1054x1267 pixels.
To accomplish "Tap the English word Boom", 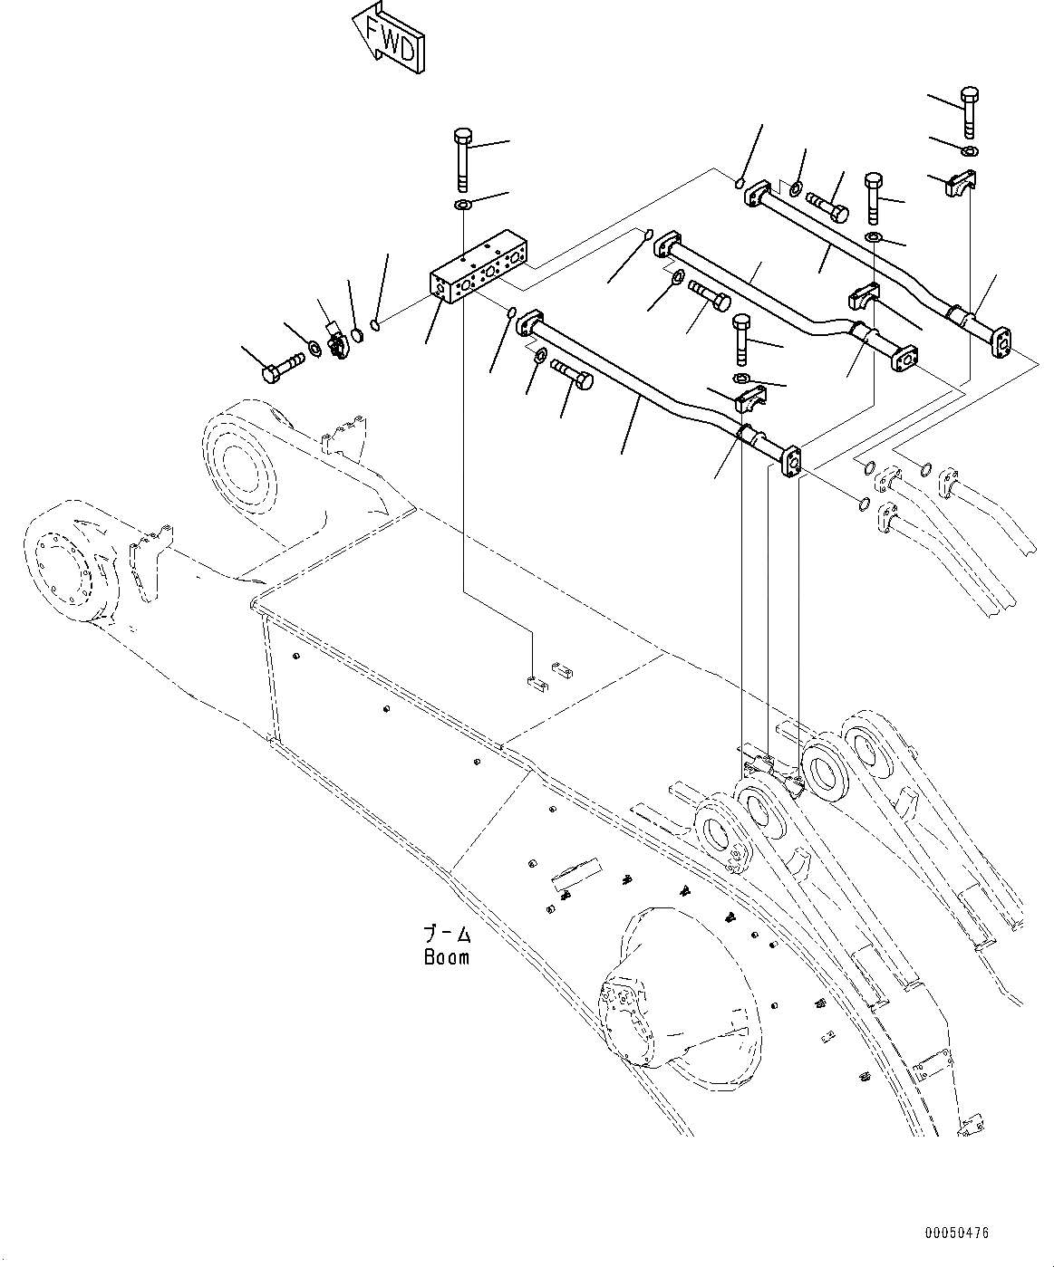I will click(x=447, y=956).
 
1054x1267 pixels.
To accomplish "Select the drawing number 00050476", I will click(x=957, y=1233).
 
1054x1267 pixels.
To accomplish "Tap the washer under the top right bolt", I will click(x=970, y=150).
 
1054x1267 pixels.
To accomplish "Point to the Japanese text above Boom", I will click(x=447, y=934).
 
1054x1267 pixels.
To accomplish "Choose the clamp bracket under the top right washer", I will click(x=959, y=186).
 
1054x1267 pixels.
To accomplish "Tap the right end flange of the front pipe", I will click(x=791, y=459).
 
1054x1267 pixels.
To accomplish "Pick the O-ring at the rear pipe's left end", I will click(x=740, y=184).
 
